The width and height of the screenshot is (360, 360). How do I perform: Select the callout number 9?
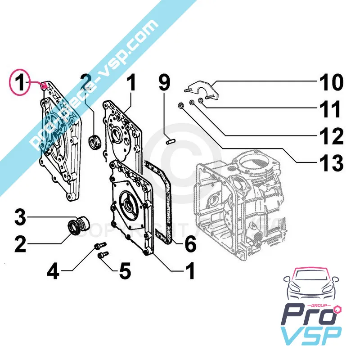point(164,83)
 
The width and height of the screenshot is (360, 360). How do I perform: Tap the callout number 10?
point(330,83)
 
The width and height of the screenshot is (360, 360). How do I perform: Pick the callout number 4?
point(53,271)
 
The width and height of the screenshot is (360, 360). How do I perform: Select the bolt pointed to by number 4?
point(99,245)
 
